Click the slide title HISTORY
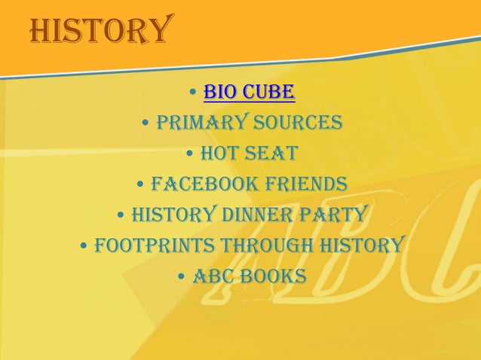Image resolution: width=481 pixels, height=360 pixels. (98, 30)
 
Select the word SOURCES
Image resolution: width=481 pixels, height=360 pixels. (298, 123)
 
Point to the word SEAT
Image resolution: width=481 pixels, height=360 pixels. (270, 154)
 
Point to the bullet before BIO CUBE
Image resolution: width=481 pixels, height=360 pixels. (194, 93)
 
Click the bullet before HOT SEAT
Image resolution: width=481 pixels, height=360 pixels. (189, 154)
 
